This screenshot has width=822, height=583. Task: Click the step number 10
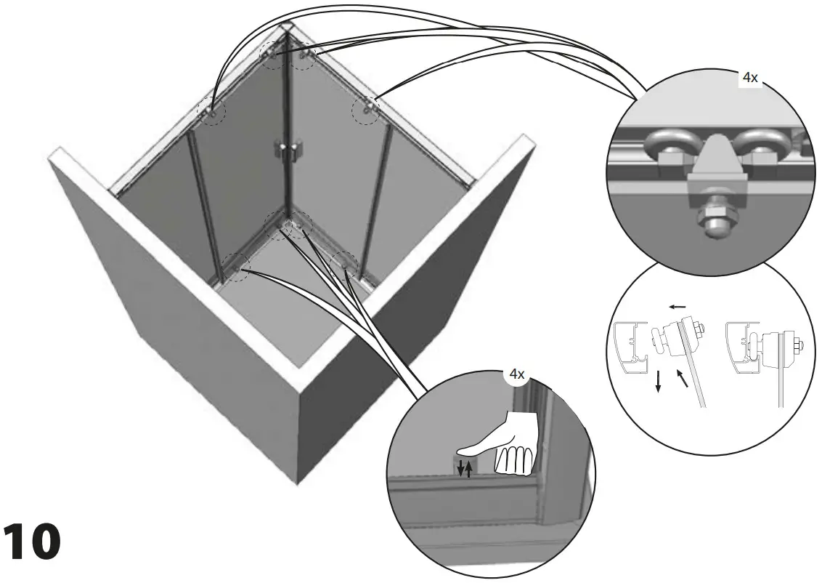tap(31, 542)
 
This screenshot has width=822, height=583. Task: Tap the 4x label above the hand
tap(516, 375)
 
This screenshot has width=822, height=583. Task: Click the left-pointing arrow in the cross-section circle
tap(678, 307)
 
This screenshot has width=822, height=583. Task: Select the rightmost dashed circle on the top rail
tap(366, 109)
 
